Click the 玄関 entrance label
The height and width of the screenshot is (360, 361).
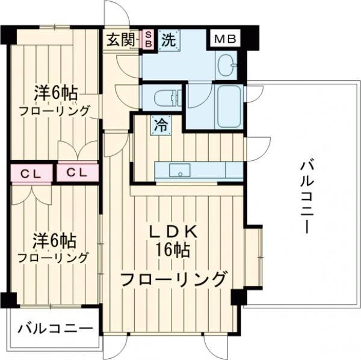click(121, 40)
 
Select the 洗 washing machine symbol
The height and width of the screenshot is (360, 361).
click(168, 40)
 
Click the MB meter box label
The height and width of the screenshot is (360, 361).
click(224, 40)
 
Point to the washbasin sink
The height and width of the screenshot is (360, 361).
click(226, 64)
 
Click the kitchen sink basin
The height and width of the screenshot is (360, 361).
click(179, 171)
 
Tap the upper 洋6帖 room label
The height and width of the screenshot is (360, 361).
click(55, 95)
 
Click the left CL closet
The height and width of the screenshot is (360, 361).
click(30, 173)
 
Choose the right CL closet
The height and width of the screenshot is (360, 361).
click(77, 173)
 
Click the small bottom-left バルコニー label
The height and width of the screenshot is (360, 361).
click(55, 329)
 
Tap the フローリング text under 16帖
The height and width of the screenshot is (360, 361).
click(174, 279)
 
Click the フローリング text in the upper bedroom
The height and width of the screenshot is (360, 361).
click(54, 111)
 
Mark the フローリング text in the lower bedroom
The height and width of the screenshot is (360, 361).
click(53, 258)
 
